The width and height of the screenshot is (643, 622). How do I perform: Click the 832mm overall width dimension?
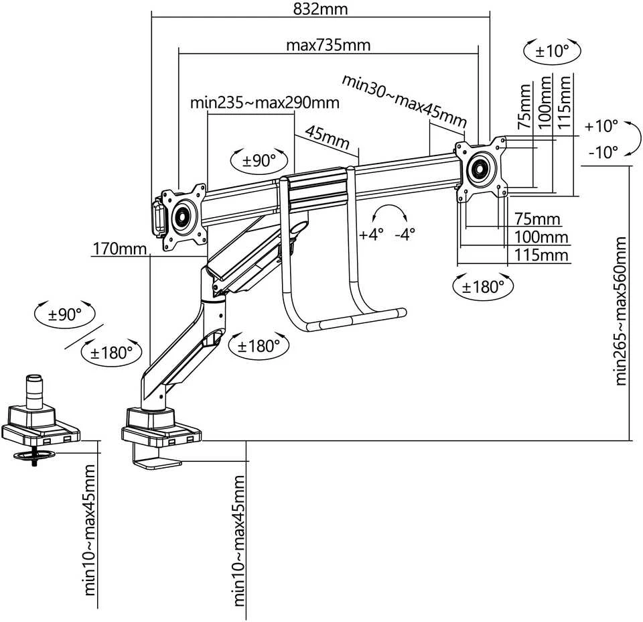320,9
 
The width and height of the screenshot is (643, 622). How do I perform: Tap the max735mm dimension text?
328,45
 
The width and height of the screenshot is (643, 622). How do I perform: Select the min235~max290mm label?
265,102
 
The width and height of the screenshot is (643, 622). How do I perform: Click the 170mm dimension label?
119,249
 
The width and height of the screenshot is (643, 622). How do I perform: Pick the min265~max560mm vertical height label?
621,310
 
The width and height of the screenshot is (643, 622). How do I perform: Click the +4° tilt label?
371,235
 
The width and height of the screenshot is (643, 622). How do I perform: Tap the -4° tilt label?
405,235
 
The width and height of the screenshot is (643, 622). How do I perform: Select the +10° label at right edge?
601,126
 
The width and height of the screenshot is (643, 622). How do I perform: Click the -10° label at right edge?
603,152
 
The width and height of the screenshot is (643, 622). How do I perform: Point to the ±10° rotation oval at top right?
553,52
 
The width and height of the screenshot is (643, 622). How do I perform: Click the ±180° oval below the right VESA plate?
483,286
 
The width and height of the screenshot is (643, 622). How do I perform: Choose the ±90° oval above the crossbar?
259,160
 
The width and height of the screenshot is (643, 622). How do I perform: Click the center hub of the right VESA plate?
480,168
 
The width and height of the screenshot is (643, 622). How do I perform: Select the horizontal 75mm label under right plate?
537,219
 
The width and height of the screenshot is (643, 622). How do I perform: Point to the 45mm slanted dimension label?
328,137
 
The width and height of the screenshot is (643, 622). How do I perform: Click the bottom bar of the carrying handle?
356,319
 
